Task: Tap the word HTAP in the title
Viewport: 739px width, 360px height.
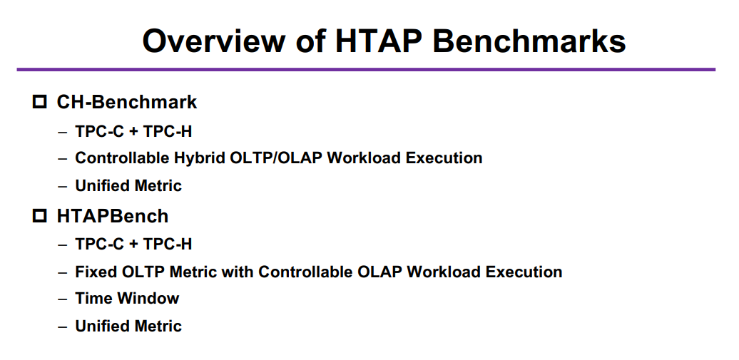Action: pyautogui.click(x=378, y=41)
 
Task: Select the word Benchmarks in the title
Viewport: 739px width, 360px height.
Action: pyautogui.click(x=529, y=41)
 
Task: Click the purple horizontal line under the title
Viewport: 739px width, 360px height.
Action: pyautogui.click(x=366, y=70)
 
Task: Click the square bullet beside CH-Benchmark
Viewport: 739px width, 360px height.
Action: pyautogui.click(x=40, y=102)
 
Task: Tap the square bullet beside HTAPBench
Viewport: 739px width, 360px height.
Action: pyautogui.click(x=40, y=216)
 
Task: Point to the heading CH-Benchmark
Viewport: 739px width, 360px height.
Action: pyautogui.click(x=127, y=102)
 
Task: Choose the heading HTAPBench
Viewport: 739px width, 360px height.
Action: pyautogui.click(x=113, y=216)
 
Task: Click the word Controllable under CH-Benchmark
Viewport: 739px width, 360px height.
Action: pyautogui.click(x=121, y=158)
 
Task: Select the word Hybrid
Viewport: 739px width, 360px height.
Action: pyautogui.click(x=200, y=158)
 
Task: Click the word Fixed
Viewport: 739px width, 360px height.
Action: pyautogui.click(x=96, y=272)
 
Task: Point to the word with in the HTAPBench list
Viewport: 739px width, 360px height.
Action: pyautogui.click(x=238, y=272)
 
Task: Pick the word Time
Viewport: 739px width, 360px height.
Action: pyautogui.click(x=93, y=298)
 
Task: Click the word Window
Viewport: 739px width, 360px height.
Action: pyautogui.click(x=148, y=298)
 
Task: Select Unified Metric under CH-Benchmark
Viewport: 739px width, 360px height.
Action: pyautogui.click(x=128, y=185)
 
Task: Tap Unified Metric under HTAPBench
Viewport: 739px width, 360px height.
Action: pyautogui.click(x=128, y=326)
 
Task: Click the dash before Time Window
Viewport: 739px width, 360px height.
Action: pyautogui.click(x=63, y=299)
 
